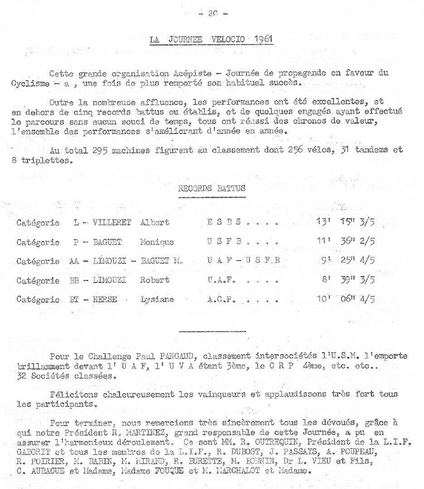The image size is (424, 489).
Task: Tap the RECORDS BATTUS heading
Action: (x=212, y=188)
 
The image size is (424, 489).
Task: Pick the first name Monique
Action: (x=156, y=242)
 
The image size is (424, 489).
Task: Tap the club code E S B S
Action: (x=222, y=223)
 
